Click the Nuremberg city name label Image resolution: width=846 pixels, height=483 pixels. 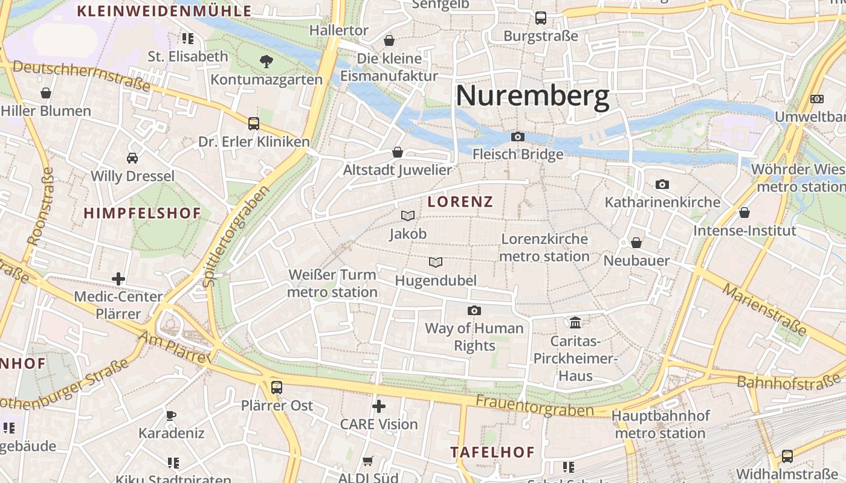pos(532,97)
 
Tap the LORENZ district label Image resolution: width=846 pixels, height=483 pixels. pos(460,202)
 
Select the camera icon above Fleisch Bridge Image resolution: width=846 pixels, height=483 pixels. pos(518,137)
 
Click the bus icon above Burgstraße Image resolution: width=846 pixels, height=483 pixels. pos(541,18)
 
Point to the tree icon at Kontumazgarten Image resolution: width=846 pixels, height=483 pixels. pos(266,61)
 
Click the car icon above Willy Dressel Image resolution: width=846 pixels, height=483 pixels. pos(132,158)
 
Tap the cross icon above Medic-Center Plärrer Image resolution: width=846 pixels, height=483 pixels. pos(118,279)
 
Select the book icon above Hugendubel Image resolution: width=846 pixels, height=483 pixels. pos(436,262)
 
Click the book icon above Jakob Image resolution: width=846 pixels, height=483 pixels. pos(408,216)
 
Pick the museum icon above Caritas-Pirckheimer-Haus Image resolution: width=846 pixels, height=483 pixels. pos(575,323)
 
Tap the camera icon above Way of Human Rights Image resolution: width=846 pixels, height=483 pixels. pos(474,310)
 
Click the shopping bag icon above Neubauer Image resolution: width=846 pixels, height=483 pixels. pos(636,243)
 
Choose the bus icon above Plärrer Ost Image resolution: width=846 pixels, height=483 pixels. pos(277,387)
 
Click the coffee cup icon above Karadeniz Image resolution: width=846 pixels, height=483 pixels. pos(171,415)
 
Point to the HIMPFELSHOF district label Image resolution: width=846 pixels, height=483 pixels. pos(142,213)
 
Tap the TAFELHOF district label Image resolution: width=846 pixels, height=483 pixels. pos(492,452)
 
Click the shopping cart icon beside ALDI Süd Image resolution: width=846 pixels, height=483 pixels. pos(367,461)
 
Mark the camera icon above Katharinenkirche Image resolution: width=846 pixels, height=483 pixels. pos(662,184)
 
